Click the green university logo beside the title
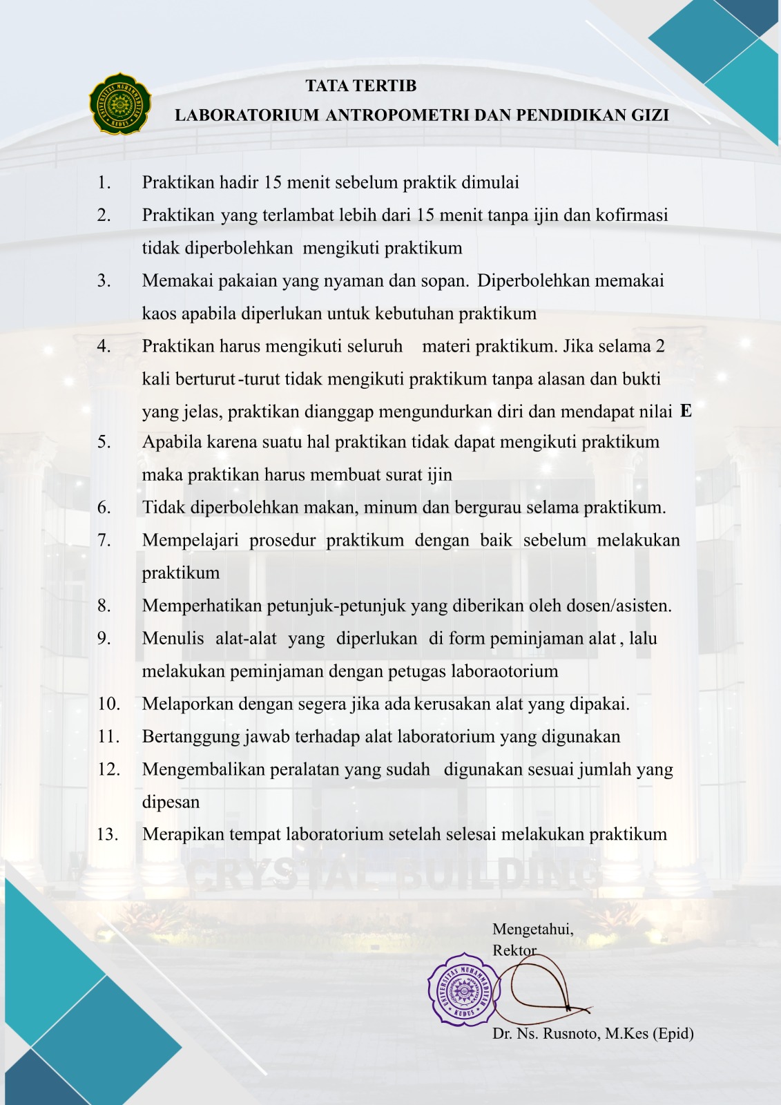tap(120, 104)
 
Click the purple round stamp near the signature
tap(462, 990)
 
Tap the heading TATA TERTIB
tap(361, 86)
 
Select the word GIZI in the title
tap(650, 115)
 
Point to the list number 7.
tap(104, 540)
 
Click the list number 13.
tap(108, 834)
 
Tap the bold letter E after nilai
tap(685, 411)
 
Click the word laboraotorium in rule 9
tap(504, 671)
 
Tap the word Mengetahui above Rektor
tap(532, 930)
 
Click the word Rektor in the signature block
tap(514, 950)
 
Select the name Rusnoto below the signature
tap(570, 1033)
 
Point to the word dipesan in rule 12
tap(171, 803)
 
